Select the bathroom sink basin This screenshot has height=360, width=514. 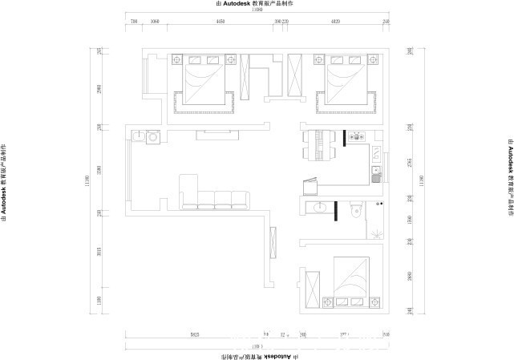(322, 209)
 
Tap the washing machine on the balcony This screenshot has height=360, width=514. (152, 137)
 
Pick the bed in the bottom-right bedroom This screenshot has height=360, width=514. (350, 280)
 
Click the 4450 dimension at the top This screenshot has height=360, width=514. (219, 22)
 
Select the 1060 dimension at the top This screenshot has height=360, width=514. (154, 22)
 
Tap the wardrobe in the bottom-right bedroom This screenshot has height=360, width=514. (313, 288)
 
